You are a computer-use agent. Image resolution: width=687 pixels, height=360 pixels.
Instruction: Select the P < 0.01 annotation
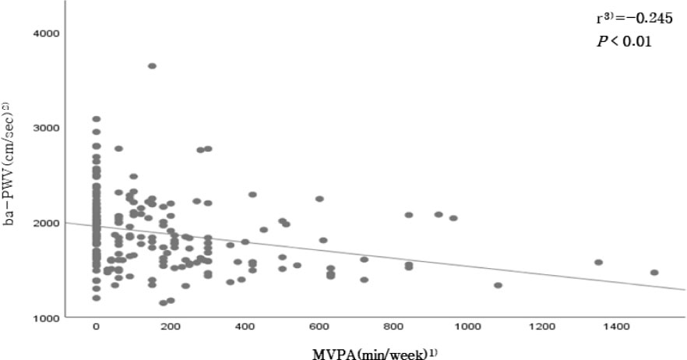(619, 41)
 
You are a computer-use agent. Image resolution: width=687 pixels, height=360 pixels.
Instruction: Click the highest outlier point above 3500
(152, 66)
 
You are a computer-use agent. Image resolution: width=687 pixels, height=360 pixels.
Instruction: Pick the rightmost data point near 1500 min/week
(654, 273)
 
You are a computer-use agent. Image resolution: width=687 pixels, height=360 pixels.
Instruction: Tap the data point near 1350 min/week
(598, 263)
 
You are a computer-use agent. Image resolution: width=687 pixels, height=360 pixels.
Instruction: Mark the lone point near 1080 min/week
(498, 285)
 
